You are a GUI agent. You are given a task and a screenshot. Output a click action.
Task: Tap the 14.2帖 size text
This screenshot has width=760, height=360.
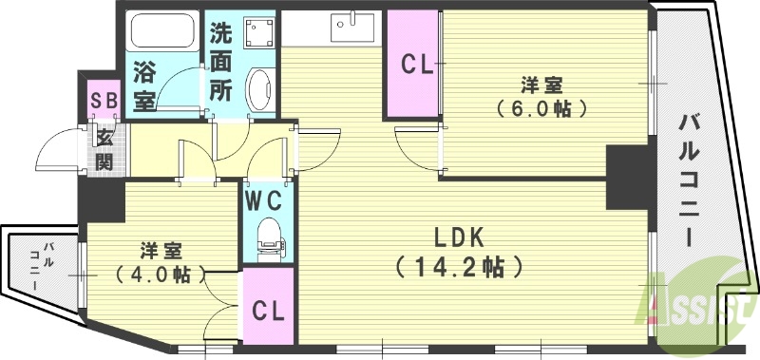coord(460,267)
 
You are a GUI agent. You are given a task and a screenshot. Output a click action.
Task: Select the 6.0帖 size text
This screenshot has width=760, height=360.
coord(539,108)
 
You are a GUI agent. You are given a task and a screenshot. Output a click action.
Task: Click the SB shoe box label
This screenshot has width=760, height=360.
coord(104,100)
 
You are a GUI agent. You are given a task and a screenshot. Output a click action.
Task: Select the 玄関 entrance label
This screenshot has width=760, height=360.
coord(104,149)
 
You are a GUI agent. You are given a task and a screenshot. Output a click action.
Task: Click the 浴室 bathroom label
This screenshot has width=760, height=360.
coord(144,85)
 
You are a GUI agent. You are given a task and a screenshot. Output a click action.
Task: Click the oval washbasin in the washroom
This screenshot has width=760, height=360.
coord(258,90)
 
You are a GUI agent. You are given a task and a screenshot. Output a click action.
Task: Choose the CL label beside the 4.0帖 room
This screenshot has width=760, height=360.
coord(269,311)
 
